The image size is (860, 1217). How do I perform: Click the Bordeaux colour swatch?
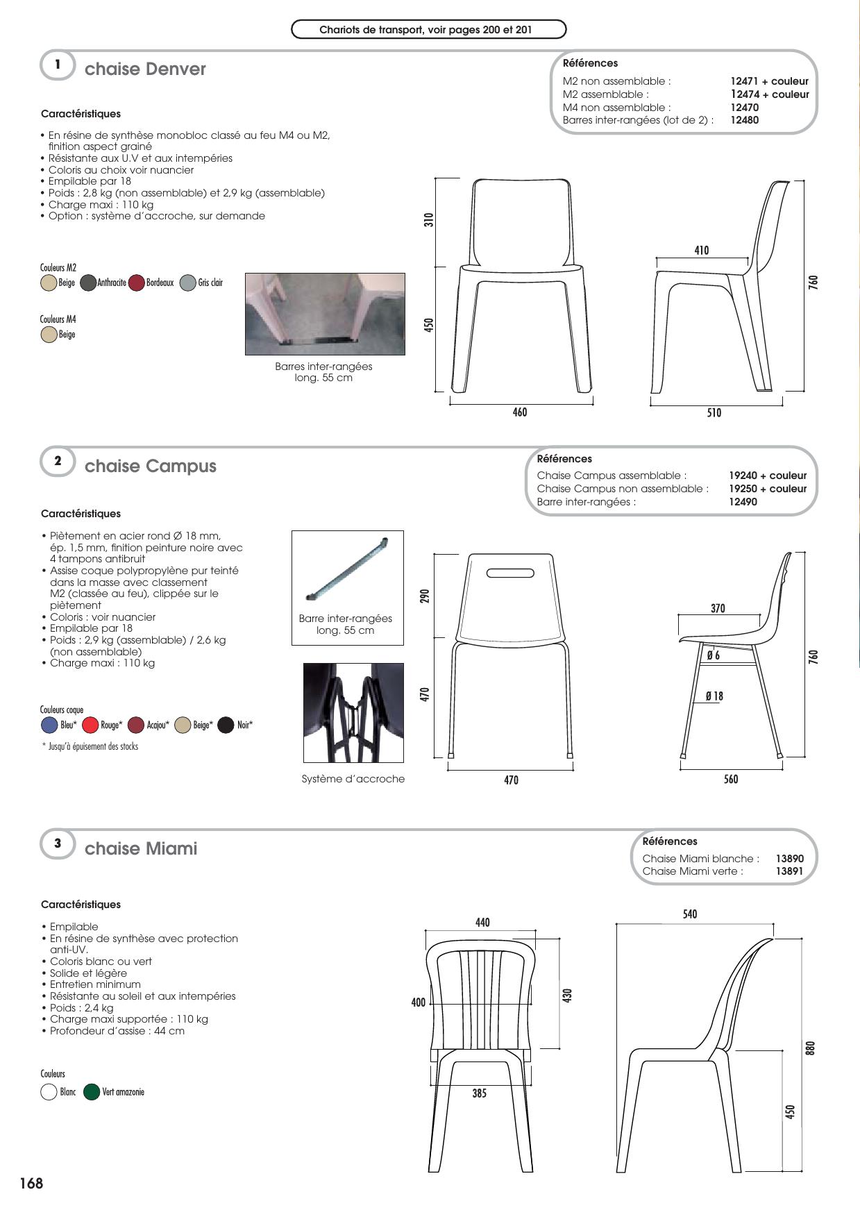tap(136, 283)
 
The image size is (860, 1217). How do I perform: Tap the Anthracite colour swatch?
tap(88, 283)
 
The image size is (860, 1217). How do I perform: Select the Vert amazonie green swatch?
tap(91, 1092)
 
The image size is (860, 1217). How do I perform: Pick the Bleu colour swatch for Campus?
tap(49, 725)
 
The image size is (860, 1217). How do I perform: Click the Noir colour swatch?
tap(226, 725)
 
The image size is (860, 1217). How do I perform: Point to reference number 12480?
tap(744, 120)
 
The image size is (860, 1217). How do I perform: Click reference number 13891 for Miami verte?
tap(790, 871)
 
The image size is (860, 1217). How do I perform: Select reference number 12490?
tap(743, 502)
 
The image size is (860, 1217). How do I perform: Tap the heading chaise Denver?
tap(145, 69)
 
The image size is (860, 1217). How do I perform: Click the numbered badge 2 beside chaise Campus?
tap(58, 462)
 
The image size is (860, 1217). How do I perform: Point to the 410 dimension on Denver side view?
tap(702, 251)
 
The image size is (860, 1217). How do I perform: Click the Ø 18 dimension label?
tap(714, 696)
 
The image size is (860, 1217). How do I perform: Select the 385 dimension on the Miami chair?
tap(479, 1093)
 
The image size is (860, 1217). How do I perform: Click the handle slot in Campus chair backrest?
tap(510, 573)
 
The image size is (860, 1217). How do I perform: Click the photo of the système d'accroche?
tap(353, 714)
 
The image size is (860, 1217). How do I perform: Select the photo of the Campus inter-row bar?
tap(347, 569)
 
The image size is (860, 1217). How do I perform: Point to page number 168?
tap(31, 1183)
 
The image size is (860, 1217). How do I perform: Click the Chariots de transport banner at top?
tap(428, 30)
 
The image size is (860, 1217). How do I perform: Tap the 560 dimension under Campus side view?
tap(731, 780)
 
